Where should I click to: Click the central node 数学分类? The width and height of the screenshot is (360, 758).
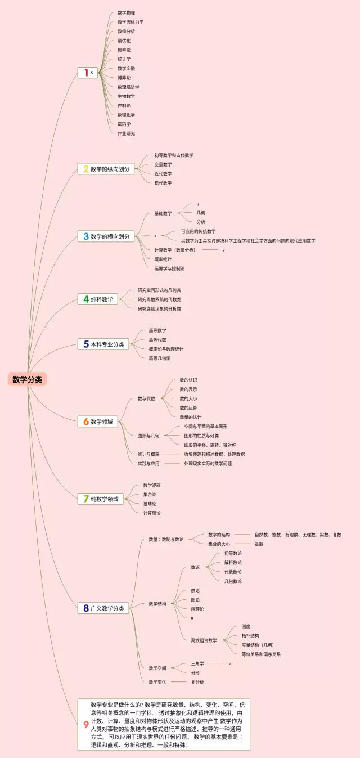coord(28,379)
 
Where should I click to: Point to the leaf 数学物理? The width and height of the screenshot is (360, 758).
coord(126,13)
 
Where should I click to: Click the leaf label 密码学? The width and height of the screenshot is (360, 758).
coord(124,124)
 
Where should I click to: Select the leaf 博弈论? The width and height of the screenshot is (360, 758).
coord(124,78)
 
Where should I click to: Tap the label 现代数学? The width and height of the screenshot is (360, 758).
coord(163,183)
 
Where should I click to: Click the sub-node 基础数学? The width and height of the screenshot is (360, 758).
coord(163,213)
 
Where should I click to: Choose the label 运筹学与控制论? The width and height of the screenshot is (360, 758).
coord(169,268)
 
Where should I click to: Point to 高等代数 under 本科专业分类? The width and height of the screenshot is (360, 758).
coord(157,340)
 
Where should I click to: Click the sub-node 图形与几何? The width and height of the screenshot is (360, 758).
coord(148,436)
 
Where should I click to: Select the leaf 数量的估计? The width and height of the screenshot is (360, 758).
coord(190,417)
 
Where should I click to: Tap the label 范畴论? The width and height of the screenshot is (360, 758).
coord(150,504)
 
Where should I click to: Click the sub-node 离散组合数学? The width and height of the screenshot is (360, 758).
coord(204,640)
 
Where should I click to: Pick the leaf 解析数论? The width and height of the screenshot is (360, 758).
coord(233,562)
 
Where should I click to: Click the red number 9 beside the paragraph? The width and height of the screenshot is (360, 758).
coord(85,725)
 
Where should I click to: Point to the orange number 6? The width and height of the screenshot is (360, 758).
coord(86,421)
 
